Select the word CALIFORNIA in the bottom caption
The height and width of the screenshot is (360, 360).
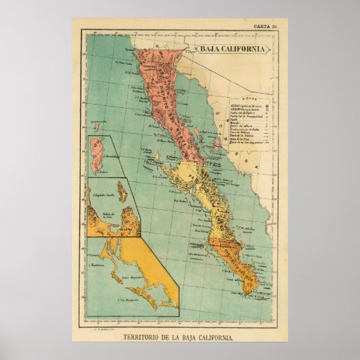coord(222,338)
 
